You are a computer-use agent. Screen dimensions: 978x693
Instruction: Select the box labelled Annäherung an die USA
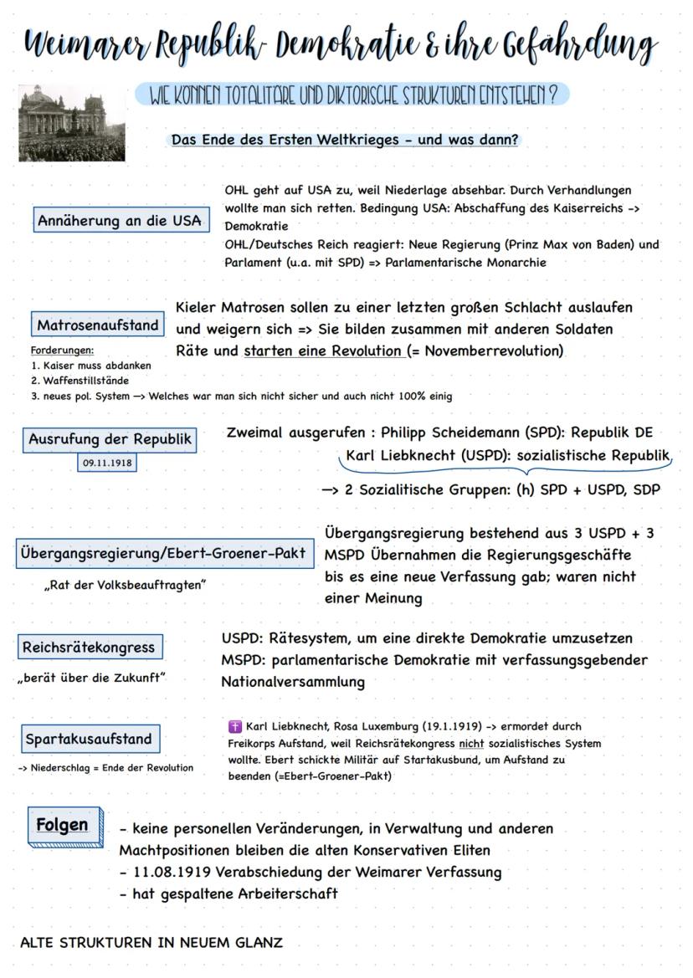click(x=119, y=221)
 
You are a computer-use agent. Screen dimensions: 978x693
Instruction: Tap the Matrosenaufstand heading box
click(x=98, y=325)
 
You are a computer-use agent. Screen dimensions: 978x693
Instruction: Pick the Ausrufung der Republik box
click(x=110, y=439)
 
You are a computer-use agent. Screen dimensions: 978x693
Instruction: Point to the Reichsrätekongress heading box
click(x=90, y=647)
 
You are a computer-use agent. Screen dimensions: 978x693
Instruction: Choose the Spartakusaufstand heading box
click(x=89, y=739)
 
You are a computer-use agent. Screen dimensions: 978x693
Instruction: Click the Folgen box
click(x=62, y=826)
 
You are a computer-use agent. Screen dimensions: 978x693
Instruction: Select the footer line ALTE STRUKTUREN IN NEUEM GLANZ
click(x=151, y=942)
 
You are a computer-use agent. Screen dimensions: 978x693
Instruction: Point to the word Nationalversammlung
click(x=293, y=682)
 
